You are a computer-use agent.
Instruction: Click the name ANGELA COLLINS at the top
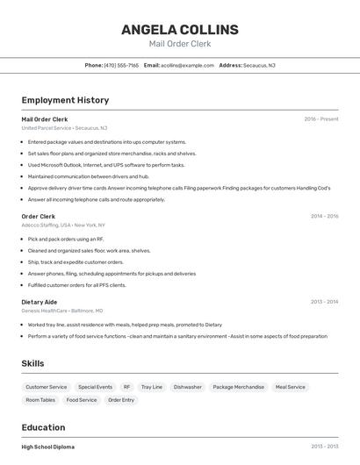(180, 29)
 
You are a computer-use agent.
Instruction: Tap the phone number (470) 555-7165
(121, 65)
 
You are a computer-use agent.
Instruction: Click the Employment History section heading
(65, 100)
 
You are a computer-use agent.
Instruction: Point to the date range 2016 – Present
(321, 119)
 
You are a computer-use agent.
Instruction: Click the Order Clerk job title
(38, 216)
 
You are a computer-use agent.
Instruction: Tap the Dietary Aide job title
(39, 302)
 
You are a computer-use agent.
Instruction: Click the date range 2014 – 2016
(324, 216)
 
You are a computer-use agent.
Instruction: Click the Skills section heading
(32, 363)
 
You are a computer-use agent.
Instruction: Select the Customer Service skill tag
(46, 387)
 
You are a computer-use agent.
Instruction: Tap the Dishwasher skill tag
(187, 387)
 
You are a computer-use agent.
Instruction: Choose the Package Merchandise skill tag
(238, 387)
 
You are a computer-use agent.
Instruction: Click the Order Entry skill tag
(121, 400)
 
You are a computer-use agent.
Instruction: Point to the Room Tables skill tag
(40, 400)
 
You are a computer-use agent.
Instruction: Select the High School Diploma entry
(48, 447)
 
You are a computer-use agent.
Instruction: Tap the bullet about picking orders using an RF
(66, 239)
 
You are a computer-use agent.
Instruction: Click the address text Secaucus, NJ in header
(259, 65)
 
